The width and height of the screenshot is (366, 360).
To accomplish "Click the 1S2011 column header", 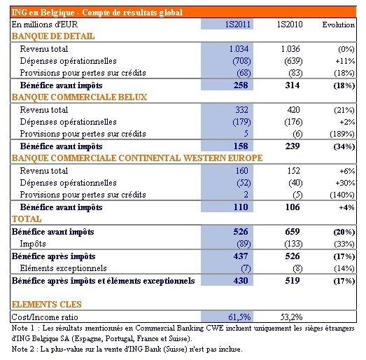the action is (237, 25).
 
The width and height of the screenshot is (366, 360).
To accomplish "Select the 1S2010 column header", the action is (290, 25).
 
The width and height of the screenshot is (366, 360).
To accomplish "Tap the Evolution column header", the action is (339, 25).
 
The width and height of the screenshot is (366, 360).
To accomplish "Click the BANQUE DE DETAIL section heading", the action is (53, 36).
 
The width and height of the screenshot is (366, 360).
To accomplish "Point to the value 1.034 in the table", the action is (239, 49).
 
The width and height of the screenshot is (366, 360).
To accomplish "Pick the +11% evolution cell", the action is (345, 61).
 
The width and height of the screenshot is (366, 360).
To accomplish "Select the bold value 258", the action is (241, 85).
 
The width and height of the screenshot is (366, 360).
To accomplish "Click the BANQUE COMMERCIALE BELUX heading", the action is (79, 97).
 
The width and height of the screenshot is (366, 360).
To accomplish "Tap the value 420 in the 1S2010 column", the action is (293, 110).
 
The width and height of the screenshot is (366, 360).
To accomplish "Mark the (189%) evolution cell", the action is (342, 134).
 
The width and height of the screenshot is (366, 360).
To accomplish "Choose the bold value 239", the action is (293, 146).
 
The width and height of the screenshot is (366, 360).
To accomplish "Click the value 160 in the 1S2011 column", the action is (241, 171).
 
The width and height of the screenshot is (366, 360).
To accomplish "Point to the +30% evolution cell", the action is (345, 183).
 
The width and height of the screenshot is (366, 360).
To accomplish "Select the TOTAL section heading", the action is (27, 219).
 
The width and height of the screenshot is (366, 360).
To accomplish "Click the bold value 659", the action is (293, 232).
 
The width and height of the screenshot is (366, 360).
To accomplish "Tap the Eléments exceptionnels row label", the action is (63, 268).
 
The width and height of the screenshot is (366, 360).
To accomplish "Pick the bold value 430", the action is (241, 281).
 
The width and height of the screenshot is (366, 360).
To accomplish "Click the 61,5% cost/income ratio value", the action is (239, 317).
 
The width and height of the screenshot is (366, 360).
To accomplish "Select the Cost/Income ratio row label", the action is (45, 317).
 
